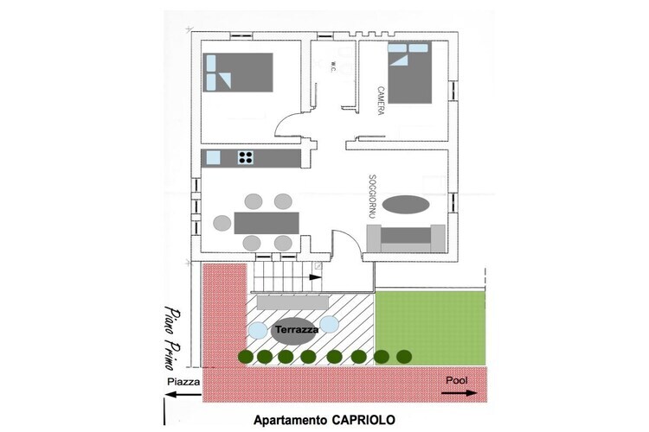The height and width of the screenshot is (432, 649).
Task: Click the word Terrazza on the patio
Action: coord(297,329)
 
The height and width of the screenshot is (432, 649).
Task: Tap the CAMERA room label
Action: coord(381,100)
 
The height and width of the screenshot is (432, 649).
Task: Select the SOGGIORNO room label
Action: coord(372,196)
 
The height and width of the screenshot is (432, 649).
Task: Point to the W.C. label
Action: coord(333,67)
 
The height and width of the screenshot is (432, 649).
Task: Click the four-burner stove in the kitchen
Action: coord(246,157)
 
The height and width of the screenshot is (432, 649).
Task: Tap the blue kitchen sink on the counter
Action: coord(213,158)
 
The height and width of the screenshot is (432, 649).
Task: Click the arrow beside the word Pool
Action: coord(459,393)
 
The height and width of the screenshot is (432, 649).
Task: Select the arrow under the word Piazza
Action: coord(183,394)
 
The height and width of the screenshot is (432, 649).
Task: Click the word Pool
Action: coord(457,380)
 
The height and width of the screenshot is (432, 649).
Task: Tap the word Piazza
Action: coord(183,382)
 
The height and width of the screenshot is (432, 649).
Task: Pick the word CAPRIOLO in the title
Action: coord(363,420)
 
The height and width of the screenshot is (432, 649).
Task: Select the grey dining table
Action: coord(267,223)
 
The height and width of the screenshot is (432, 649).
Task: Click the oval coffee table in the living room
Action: coord(406,205)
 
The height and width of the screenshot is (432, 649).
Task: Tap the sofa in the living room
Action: coord(406,238)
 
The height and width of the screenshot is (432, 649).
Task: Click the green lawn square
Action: coord(429,327)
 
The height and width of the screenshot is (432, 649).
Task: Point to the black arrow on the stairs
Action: coord(315,277)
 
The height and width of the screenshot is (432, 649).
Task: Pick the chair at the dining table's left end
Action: coord(222,223)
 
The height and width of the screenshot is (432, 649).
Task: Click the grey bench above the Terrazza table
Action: coord(293,302)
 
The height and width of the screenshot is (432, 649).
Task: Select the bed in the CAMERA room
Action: coord(410,73)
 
